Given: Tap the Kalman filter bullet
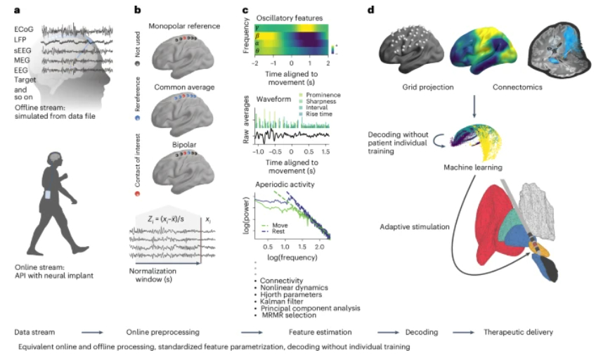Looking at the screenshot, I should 279,300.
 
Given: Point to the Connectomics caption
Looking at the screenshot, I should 488,89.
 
